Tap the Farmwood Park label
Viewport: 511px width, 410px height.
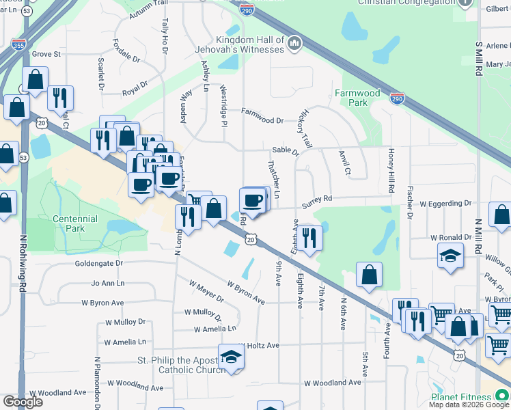tap(357, 98)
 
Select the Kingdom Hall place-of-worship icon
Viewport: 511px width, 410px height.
tap(294, 44)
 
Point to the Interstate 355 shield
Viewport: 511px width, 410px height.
tap(18, 44)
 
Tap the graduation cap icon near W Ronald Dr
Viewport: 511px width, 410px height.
tap(450, 256)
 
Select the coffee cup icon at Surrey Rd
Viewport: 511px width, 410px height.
tap(252, 200)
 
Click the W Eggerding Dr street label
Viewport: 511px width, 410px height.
tap(445, 204)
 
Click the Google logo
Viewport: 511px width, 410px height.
tap(23, 401)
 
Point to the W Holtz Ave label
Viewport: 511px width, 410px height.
tap(260, 346)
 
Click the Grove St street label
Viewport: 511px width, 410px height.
tap(46, 53)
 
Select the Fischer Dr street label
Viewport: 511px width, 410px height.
tap(409, 202)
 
